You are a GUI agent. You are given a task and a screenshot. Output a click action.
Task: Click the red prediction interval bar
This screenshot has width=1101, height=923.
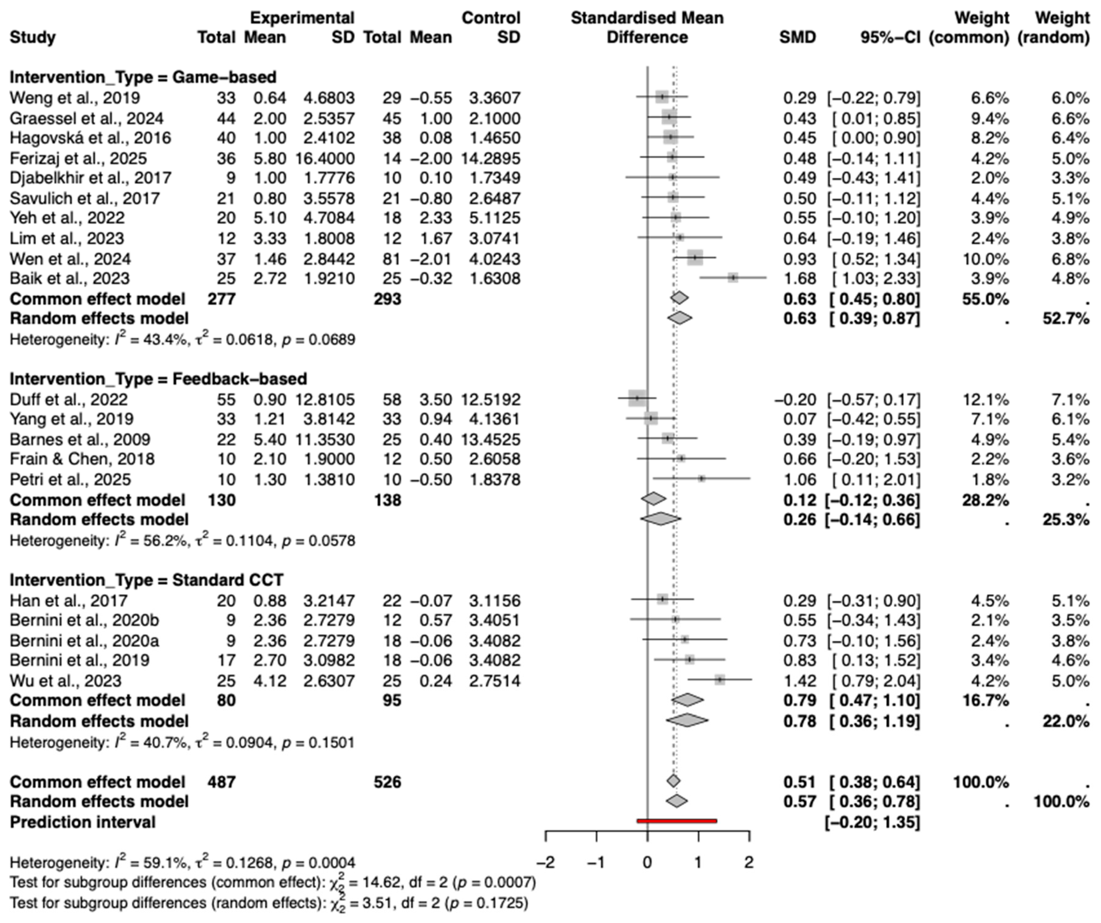(x=676, y=821)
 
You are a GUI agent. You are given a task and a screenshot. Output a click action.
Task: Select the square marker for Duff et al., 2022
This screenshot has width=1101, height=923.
(x=637, y=398)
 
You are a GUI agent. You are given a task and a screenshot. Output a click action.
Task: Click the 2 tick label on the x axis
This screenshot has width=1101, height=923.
(x=749, y=862)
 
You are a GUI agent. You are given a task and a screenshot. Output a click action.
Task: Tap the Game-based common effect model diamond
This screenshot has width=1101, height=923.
(x=679, y=298)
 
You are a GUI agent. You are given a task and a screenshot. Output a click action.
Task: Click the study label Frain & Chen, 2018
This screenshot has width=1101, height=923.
(x=82, y=459)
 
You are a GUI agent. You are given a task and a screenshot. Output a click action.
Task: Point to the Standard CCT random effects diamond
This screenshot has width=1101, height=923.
(x=687, y=721)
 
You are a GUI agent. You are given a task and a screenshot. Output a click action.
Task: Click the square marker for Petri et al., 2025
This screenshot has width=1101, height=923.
(x=702, y=479)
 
